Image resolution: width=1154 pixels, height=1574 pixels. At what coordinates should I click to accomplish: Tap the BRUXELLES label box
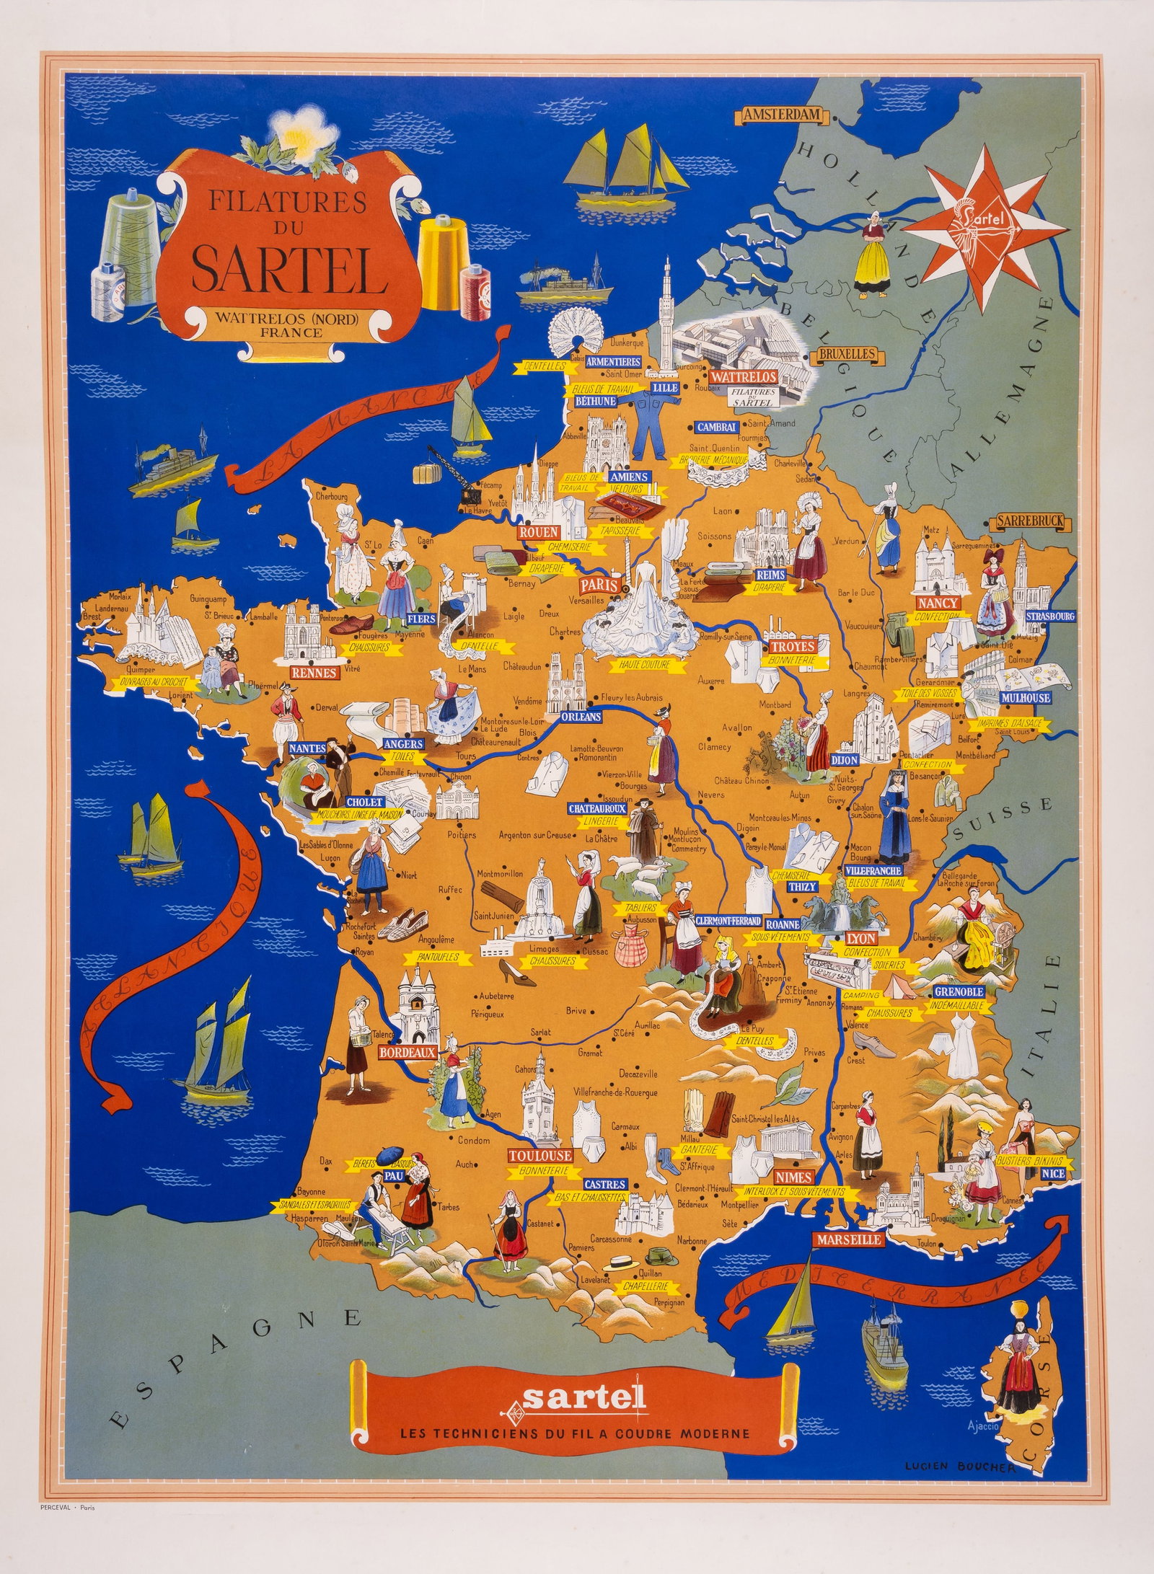point(847,354)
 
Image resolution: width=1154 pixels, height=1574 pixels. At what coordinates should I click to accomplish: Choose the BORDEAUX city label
point(408,1052)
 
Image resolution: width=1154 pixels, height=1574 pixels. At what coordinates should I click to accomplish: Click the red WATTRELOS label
point(743,377)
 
